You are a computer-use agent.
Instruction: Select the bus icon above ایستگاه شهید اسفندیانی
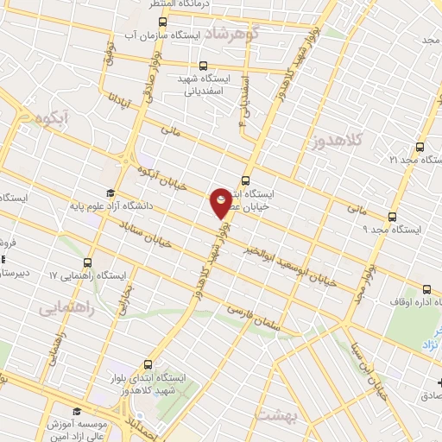[x=203, y=65]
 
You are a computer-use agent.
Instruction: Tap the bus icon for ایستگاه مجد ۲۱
[x=420, y=147]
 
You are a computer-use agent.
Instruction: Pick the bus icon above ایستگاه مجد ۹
[x=393, y=217]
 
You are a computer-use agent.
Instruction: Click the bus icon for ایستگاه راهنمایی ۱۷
[x=88, y=262]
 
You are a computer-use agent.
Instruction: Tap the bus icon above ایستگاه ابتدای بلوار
[x=147, y=364]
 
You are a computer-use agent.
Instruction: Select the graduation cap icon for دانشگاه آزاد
[x=110, y=193]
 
